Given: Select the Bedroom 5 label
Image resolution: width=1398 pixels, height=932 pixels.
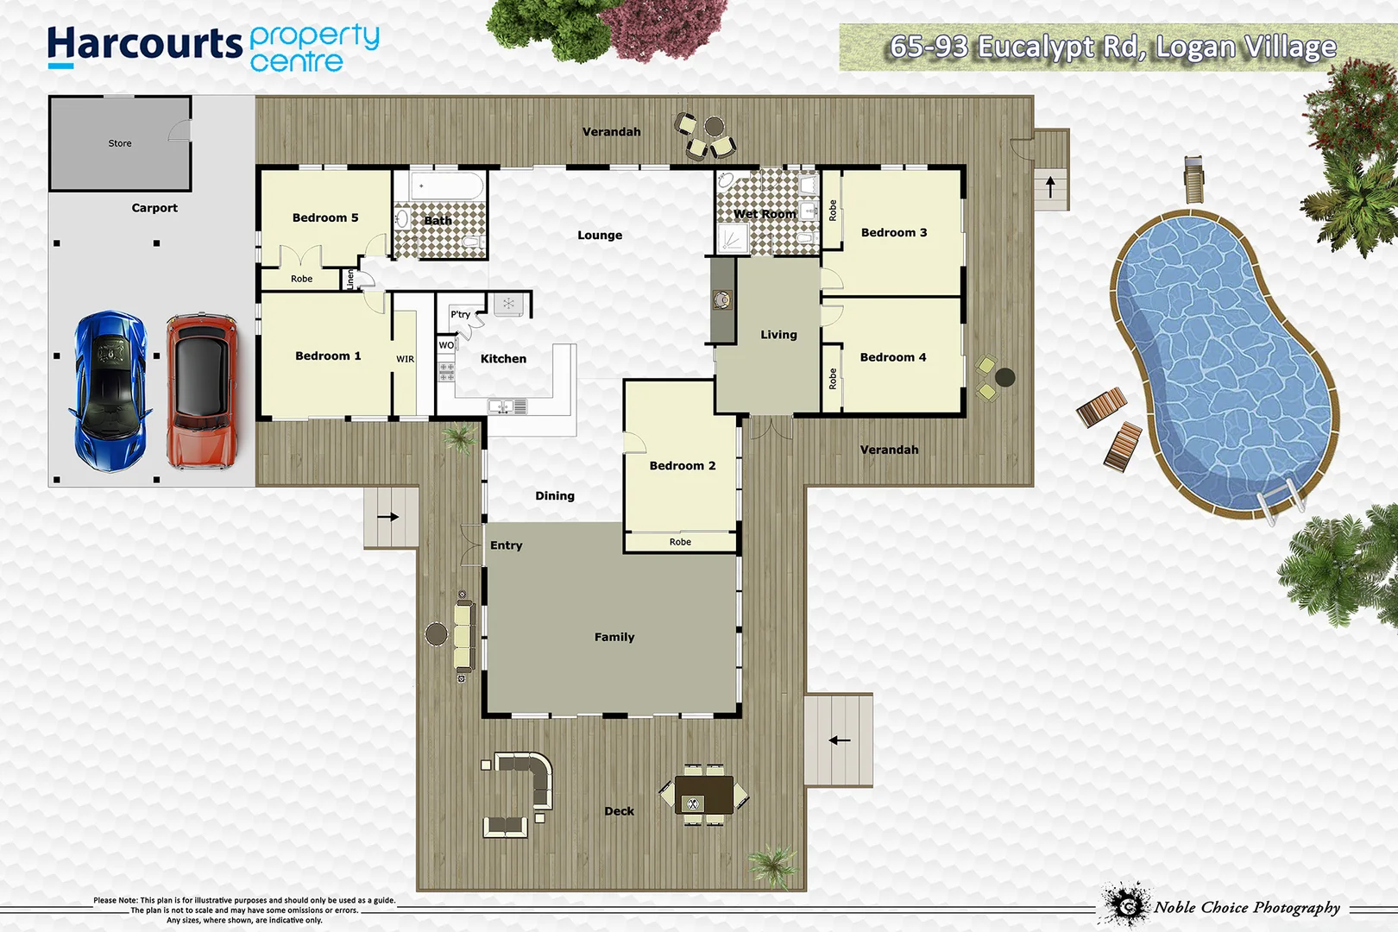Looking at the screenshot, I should (x=324, y=217).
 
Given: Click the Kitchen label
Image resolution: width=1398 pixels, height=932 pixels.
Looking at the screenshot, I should (x=503, y=359).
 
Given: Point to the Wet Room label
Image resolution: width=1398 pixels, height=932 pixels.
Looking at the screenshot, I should (x=765, y=214).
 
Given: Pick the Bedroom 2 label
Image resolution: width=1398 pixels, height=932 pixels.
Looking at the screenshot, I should (x=682, y=466).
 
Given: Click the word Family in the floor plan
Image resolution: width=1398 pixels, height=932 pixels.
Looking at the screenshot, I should (x=614, y=637).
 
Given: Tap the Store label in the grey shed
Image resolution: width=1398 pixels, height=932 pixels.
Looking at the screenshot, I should (x=120, y=143).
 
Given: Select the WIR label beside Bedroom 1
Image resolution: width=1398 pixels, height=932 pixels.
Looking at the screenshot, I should (x=405, y=359).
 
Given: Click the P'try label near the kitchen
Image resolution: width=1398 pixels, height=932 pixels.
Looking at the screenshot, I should (x=460, y=314).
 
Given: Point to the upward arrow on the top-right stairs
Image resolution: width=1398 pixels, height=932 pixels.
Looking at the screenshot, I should (x=1050, y=186).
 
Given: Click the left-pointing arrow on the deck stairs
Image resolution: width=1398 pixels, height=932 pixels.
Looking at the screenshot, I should (x=839, y=740).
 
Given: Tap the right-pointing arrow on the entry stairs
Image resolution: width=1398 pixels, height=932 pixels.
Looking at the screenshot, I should (x=388, y=517).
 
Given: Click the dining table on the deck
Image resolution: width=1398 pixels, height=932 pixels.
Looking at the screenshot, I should (x=703, y=795).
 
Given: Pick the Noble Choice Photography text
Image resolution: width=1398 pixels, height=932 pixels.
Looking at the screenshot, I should (x=1247, y=907).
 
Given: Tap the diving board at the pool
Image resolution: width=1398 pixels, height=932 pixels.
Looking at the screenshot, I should (x=1193, y=179).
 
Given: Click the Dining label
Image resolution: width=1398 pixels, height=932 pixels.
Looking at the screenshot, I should (x=554, y=496).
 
